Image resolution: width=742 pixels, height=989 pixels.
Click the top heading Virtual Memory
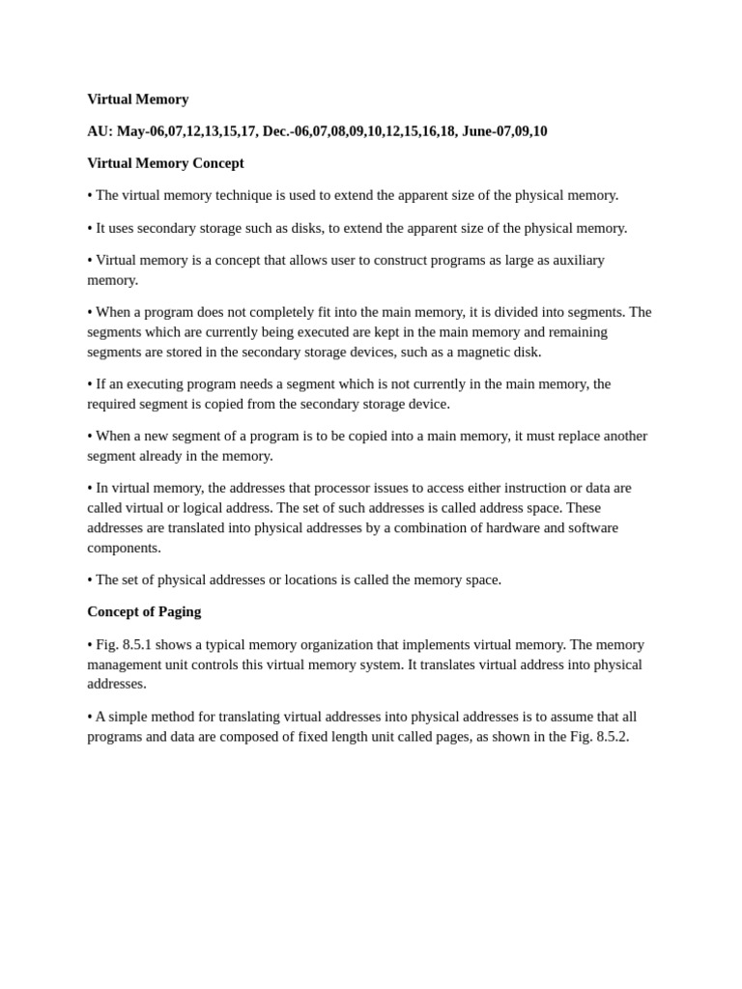click(x=137, y=99)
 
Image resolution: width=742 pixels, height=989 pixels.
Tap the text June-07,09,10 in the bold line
click(x=504, y=131)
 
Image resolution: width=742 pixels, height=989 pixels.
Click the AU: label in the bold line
click(x=100, y=131)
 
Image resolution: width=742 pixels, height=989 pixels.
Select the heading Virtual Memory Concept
click(x=165, y=163)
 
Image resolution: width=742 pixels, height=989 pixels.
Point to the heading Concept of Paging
click(x=144, y=611)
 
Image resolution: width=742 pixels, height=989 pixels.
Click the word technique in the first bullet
click(x=232, y=195)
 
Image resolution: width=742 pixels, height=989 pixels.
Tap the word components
click(x=124, y=548)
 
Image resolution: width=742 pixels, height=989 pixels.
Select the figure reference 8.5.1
click(x=137, y=644)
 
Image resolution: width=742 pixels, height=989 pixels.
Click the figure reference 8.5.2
click(x=611, y=736)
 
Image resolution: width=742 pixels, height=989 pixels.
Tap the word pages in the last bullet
click(x=434, y=736)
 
